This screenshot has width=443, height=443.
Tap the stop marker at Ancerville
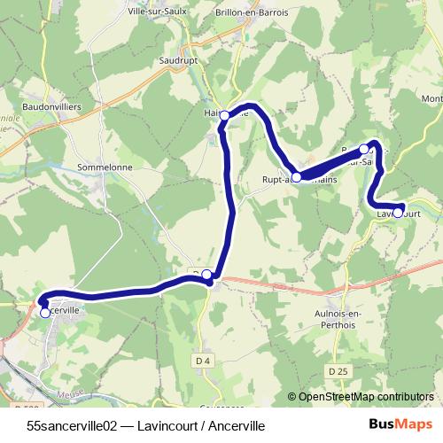tap(45, 313)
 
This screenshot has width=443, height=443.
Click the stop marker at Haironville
tap(225, 115)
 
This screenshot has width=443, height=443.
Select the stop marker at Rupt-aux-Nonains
tap(297, 177)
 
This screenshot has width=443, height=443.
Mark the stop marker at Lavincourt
tap(399, 213)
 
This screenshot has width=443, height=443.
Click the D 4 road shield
tap(203, 361)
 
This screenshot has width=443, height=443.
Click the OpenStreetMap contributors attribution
tap(365, 398)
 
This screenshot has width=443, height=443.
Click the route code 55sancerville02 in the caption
tap(73, 425)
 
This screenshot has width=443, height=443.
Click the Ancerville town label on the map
tap(69, 312)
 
